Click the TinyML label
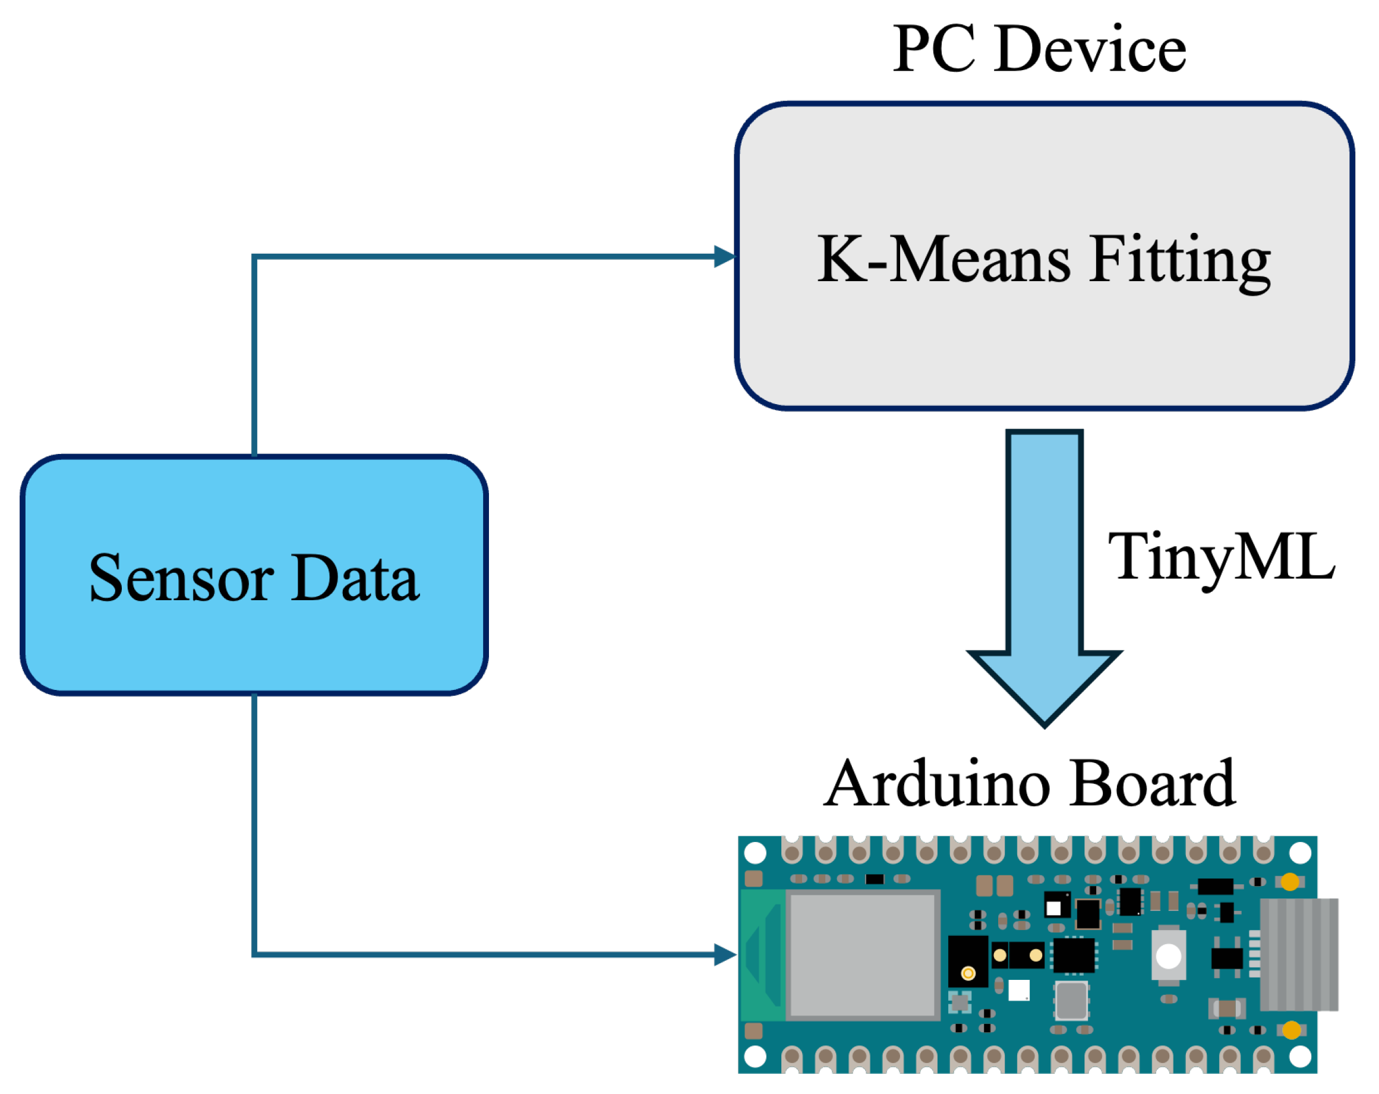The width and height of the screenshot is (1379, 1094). point(1221,557)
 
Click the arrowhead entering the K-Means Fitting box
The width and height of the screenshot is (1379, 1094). point(725,257)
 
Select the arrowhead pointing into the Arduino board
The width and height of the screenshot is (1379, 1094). point(725,954)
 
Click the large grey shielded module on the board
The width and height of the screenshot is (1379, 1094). point(863,954)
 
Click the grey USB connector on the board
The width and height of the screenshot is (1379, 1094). point(1298,954)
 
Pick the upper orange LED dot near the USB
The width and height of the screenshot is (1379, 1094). point(1290,882)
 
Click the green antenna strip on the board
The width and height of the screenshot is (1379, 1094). point(762,954)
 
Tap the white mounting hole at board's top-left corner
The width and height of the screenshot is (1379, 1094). point(756,853)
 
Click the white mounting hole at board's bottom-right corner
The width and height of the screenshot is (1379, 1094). point(1301,1058)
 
